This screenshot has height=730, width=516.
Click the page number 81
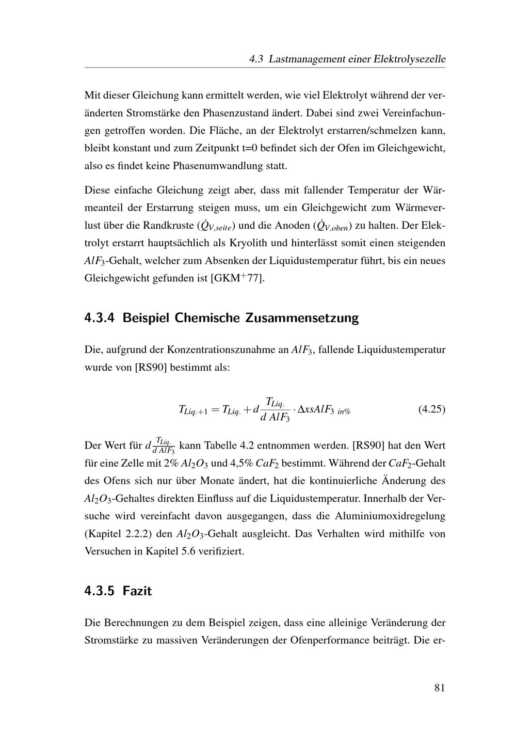tap(439, 687)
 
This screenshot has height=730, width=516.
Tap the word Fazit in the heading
tap(137, 591)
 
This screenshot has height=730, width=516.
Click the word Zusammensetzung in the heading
tap(302, 318)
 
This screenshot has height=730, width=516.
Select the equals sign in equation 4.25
tap(214, 409)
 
